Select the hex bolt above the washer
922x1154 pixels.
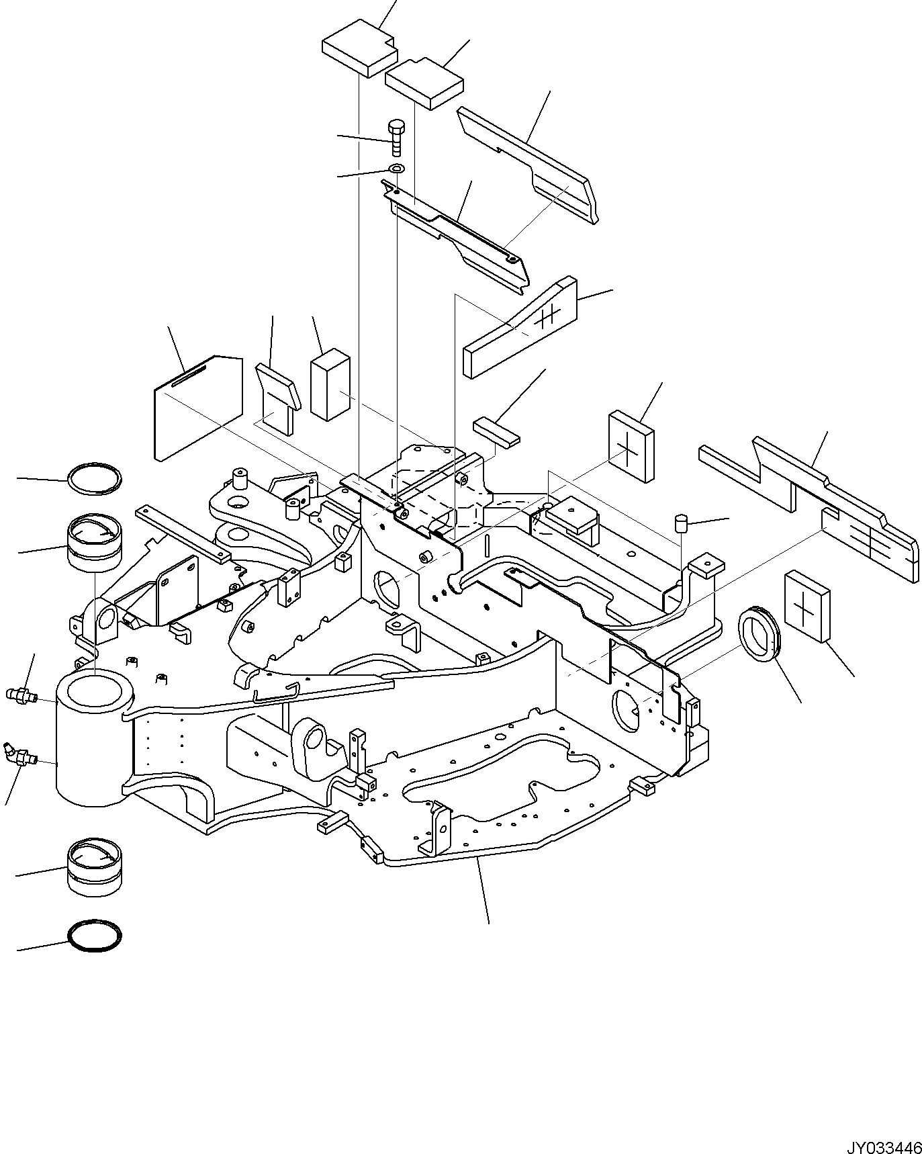pyautogui.click(x=396, y=137)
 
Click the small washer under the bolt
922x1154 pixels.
pyautogui.click(x=396, y=167)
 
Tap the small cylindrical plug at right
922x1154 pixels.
pyautogui.click(x=683, y=523)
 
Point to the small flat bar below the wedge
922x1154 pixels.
pyautogui.click(x=496, y=431)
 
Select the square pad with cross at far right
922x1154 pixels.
pyautogui.click(x=806, y=607)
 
